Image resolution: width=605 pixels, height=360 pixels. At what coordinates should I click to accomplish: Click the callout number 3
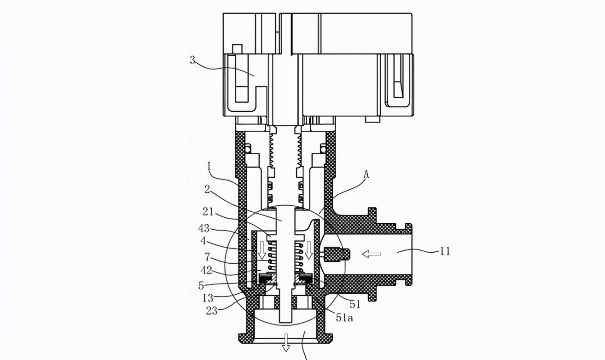click(x=192, y=60)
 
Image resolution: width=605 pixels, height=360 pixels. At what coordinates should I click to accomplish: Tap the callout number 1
click(x=209, y=166)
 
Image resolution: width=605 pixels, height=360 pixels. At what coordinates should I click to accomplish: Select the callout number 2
click(x=207, y=190)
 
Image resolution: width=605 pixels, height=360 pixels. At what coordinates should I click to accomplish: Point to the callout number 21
click(x=208, y=212)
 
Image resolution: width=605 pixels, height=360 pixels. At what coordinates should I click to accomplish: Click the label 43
click(x=204, y=228)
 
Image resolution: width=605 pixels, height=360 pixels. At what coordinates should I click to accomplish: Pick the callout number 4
click(x=203, y=241)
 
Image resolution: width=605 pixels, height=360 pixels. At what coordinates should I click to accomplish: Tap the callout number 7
click(x=207, y=256)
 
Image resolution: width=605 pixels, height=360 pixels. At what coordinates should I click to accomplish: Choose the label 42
click(x=207, y=270)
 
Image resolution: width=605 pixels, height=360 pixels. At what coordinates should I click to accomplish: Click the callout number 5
click(x=201, y=285)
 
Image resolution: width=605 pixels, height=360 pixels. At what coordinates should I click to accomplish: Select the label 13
click(x=208, y=298)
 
